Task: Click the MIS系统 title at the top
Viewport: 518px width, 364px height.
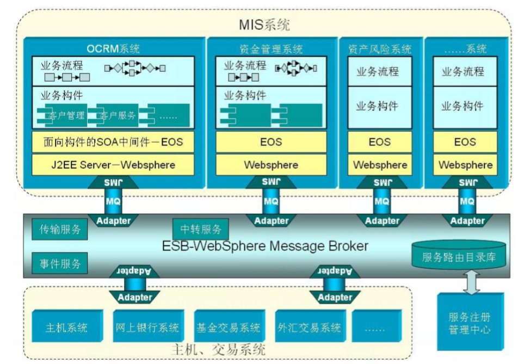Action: point(264,24)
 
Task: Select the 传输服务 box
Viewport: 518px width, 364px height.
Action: point(60,230)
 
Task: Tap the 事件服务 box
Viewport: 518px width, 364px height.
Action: point(60,263)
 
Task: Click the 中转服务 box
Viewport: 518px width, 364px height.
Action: point(201,229)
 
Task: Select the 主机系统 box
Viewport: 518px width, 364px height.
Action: point(67,328)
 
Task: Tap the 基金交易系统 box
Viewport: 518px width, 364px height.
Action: point(229,328)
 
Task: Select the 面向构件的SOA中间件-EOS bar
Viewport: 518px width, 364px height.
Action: point(113,142)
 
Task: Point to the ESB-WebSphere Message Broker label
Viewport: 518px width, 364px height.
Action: point(266,246)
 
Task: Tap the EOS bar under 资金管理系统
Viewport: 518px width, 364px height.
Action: point(271,142)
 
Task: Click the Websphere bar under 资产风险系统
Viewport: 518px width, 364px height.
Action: point(380,164)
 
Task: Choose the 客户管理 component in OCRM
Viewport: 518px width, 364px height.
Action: point(65,115)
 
